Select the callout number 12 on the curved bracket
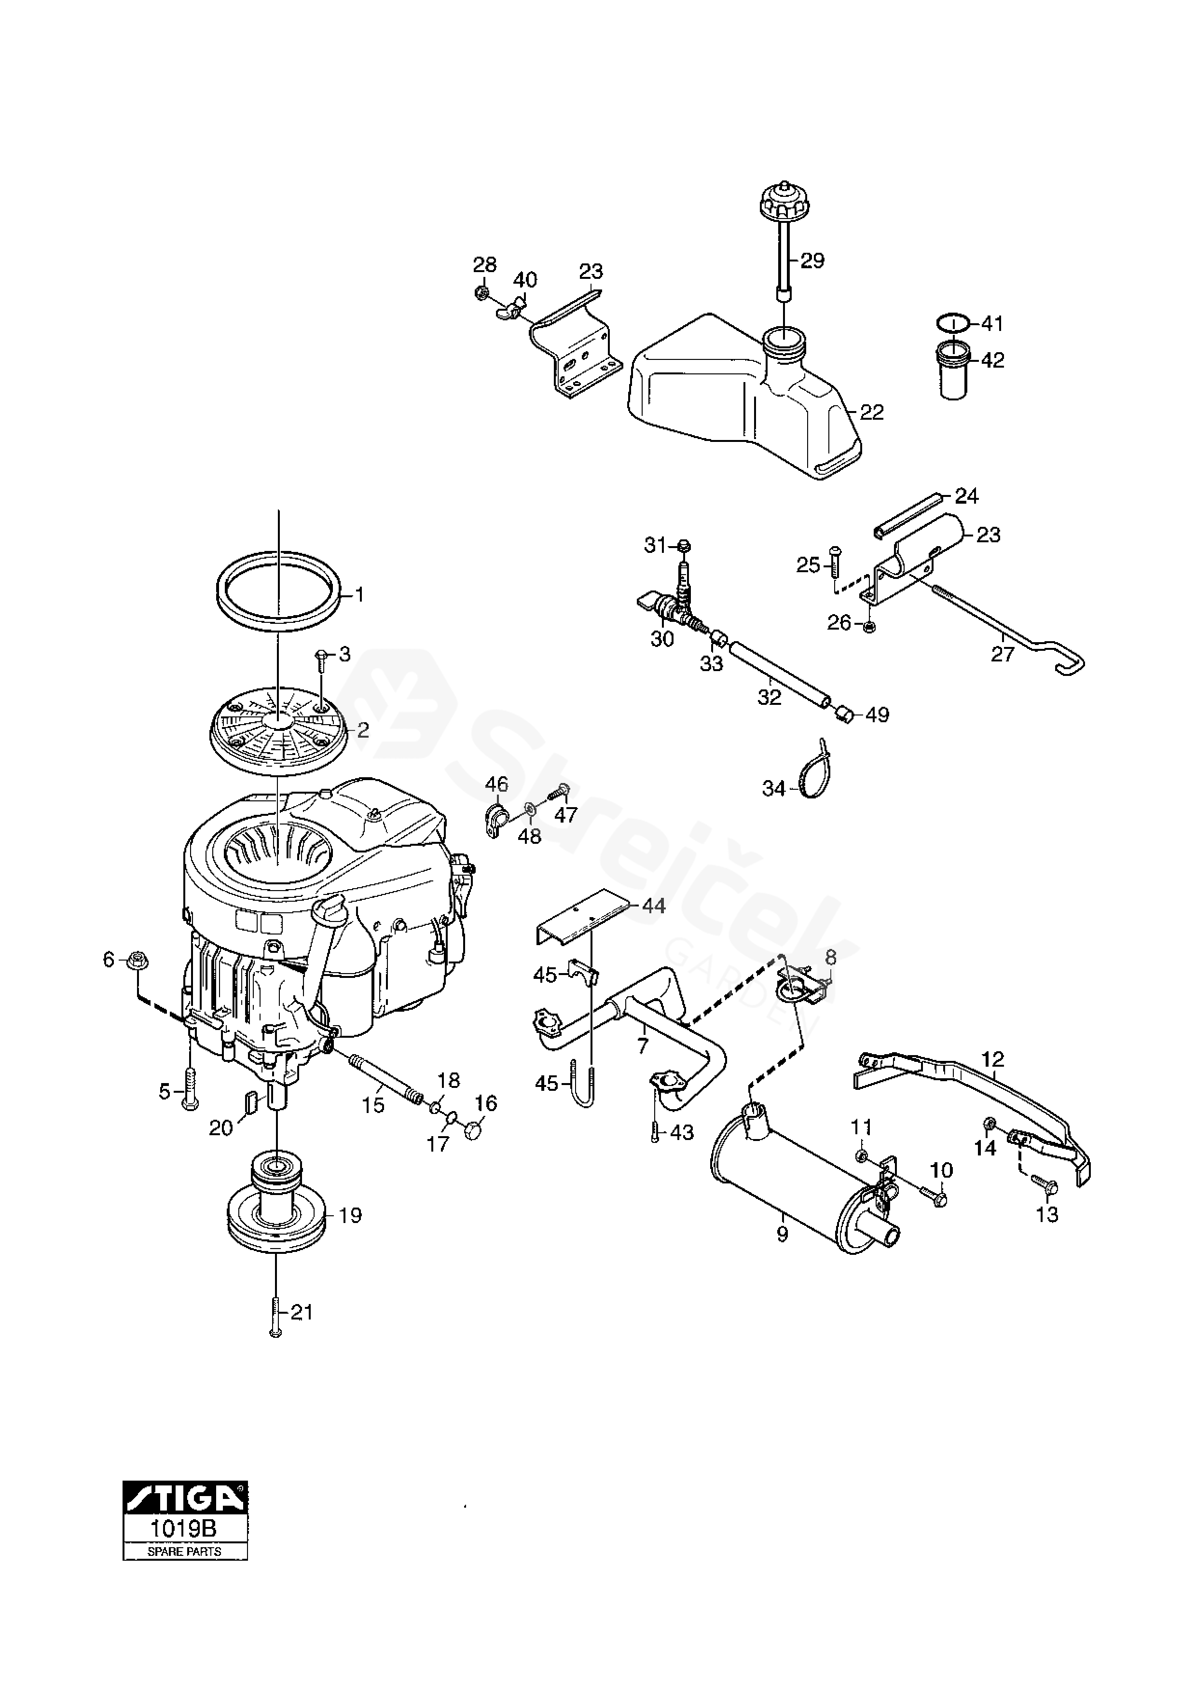coord(993,1059)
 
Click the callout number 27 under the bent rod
coord(1003,653)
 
